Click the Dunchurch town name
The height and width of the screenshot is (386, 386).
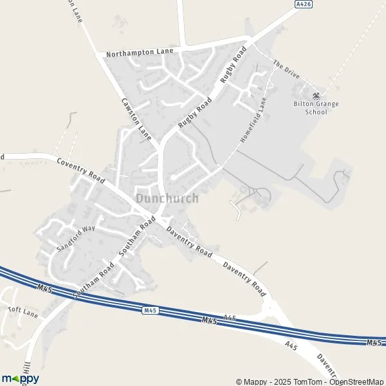(167, 199)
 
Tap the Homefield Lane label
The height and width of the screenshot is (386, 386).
(252, 120)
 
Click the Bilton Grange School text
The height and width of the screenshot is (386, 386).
(315, 107)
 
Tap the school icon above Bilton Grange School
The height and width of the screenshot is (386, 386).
(315, 95)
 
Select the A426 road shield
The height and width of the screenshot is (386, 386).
(304, 5)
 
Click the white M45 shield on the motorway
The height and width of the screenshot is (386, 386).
(149, 310)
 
